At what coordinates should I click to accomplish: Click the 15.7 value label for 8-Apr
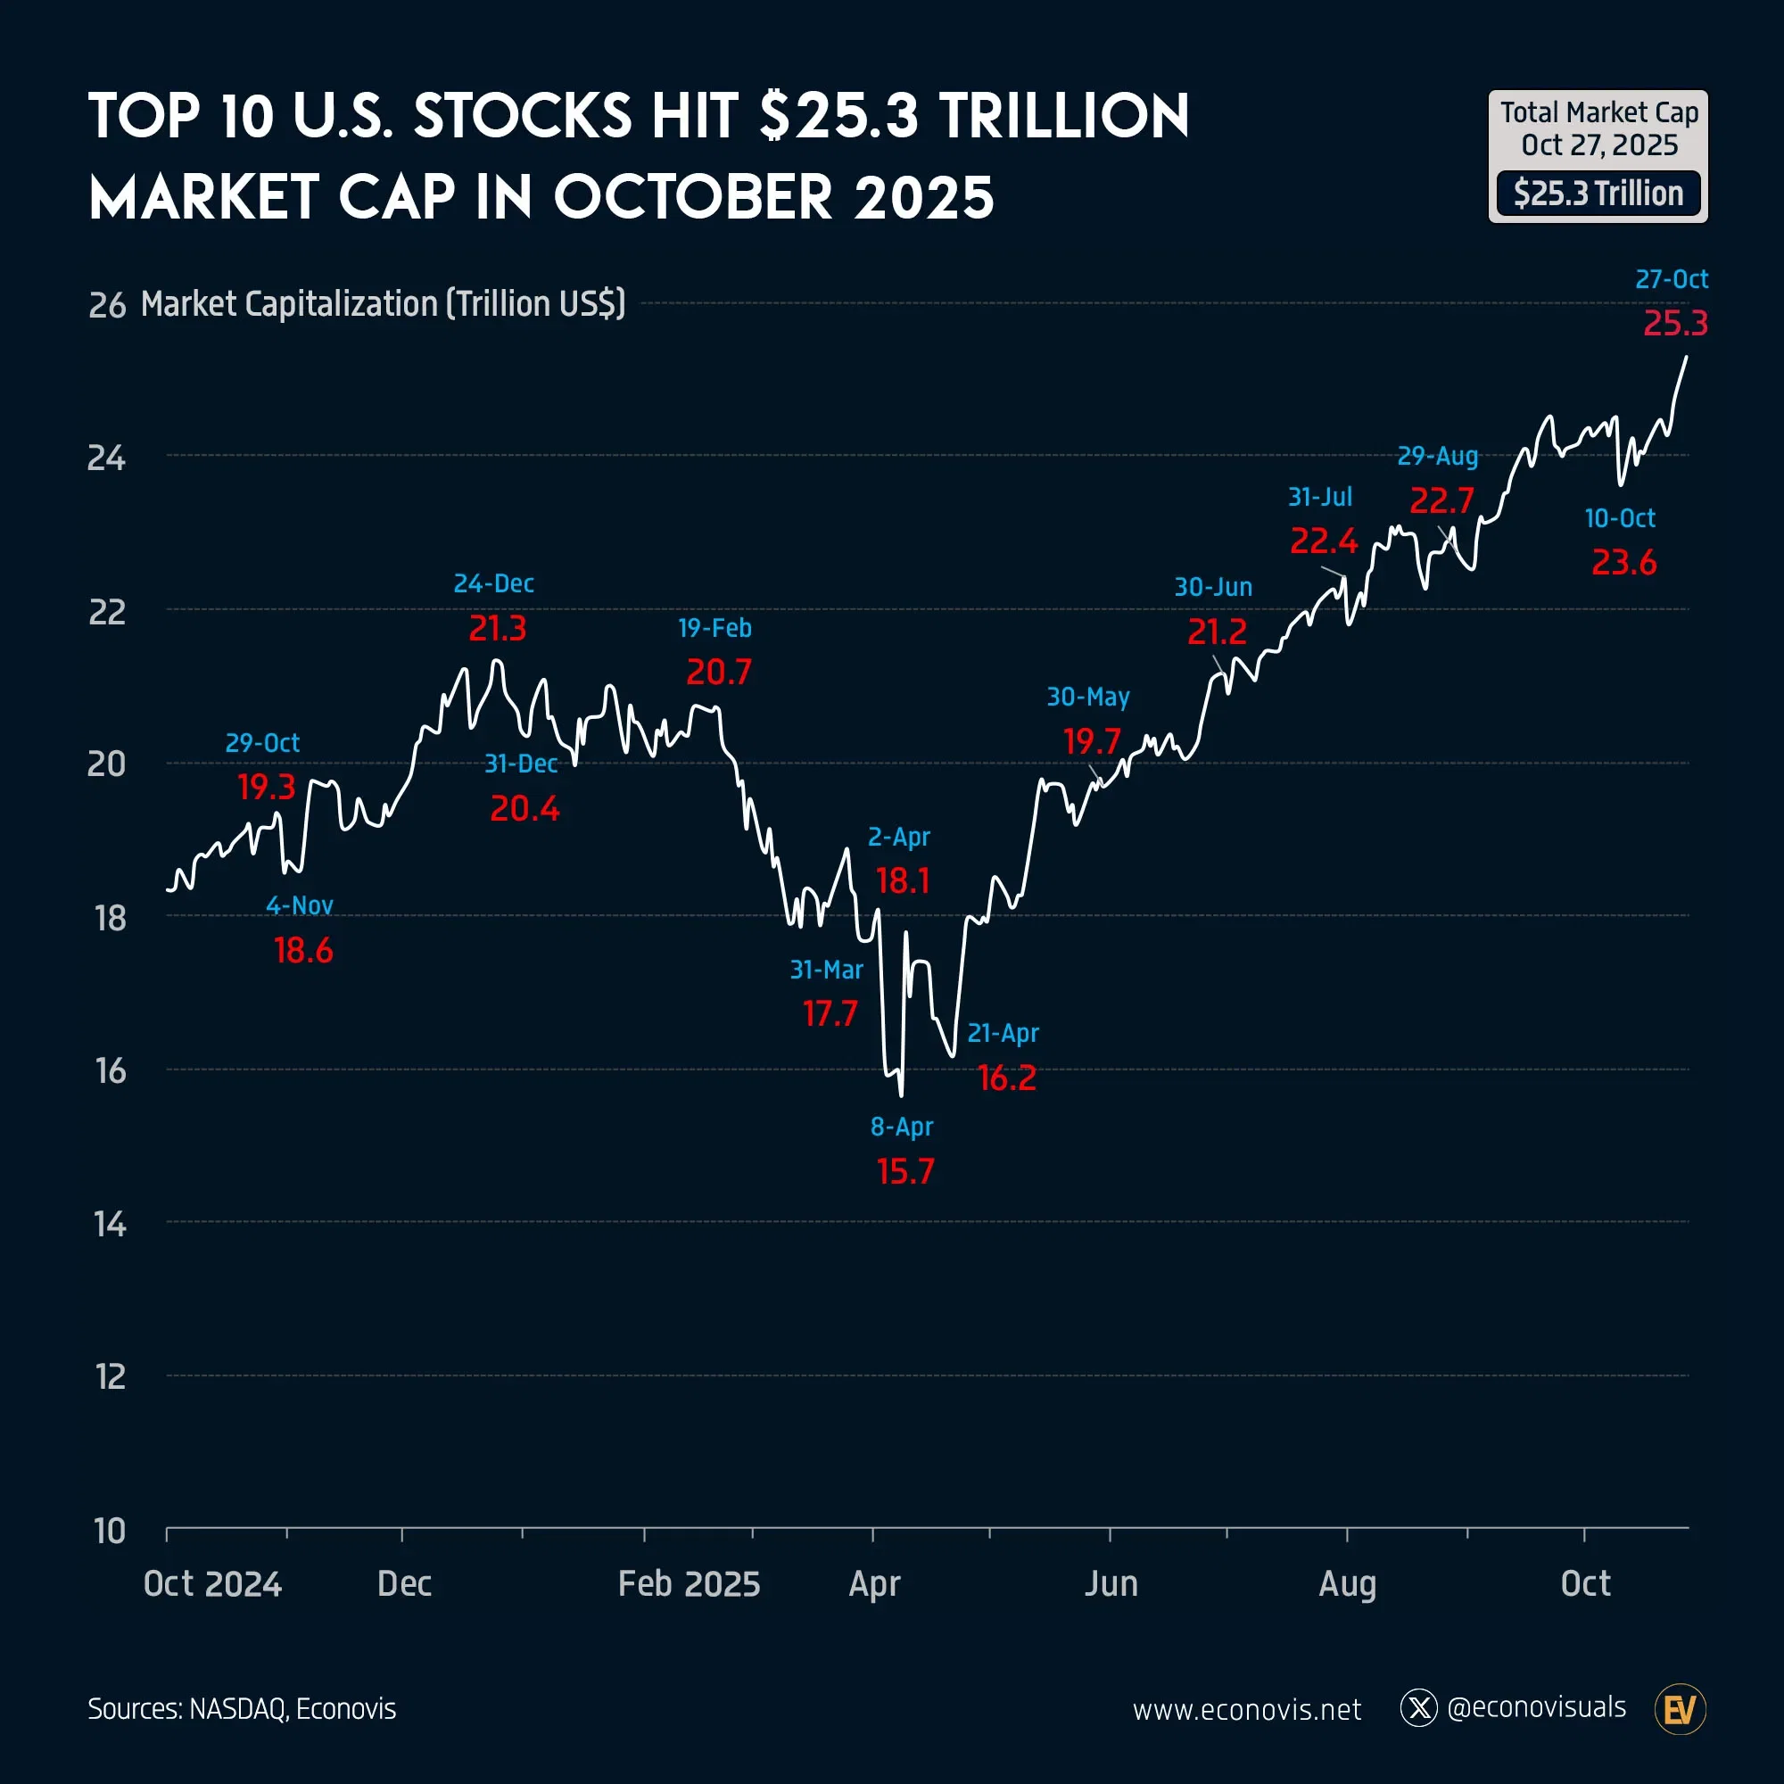pos(904,1171)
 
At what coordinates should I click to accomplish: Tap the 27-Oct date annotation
pos(1671,279)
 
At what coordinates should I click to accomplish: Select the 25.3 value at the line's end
pos(1675,323)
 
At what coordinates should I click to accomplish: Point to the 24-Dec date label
pos(493,583)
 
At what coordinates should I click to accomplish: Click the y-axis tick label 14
pos(110,1225)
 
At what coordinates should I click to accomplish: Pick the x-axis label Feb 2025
pos(689,1583)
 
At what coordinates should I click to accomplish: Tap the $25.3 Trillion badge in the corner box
pos(1598,194)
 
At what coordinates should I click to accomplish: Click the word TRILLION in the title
pos(1064,117)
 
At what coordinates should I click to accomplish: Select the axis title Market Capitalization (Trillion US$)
pos(384,304)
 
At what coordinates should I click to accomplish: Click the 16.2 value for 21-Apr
pos(1006,1078)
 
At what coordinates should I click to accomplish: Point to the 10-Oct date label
pos(1619,518)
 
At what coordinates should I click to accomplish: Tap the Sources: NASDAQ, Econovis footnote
pos(242,1709)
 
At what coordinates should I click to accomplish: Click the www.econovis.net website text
pos(1247,1710)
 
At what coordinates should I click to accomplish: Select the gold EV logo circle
pos(1680,1709)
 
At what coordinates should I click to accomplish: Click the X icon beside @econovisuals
pos(1418,1708)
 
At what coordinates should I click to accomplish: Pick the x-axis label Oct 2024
pos(212,1583)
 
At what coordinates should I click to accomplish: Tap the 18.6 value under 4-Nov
pos(303,950)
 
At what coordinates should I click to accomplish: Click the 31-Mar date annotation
pos(825,970)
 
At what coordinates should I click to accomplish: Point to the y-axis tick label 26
pos(107,306)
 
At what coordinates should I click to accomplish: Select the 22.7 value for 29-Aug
pos(1441,500)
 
